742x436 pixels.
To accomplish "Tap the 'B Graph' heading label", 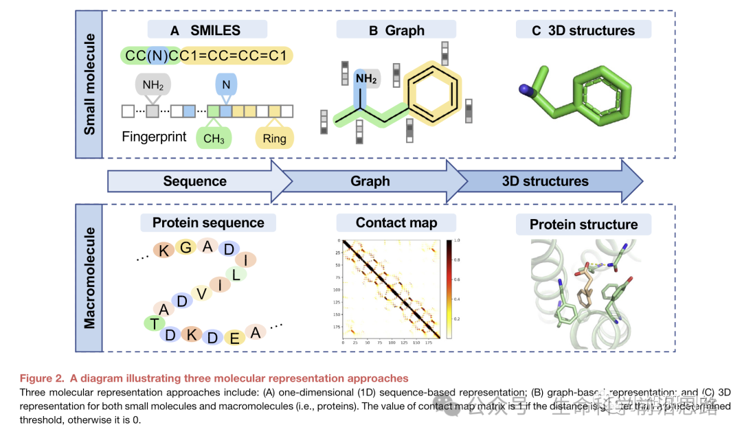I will click(x=396, y=30).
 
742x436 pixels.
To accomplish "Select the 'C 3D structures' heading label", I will click(x=583, y=30).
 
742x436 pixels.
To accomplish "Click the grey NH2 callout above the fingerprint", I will click(x=153, y=86).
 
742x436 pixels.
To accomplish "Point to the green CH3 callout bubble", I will click(x=214, y=139).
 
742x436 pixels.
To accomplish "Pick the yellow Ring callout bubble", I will click(x=274, y=139).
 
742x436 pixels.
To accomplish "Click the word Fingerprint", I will click(x=155, y=136).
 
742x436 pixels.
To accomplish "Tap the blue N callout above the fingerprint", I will click(x=227, y=85).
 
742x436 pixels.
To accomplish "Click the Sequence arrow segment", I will click(x=195, y=182).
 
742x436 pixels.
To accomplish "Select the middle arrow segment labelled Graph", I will click(x=370, y=182).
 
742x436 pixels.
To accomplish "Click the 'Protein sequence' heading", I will click(x=208, y=222).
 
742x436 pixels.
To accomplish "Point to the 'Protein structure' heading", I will click(x=583, y=225).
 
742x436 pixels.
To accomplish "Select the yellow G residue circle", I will click(x=185, y=248).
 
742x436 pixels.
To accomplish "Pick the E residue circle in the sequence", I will click(x=234, y=337).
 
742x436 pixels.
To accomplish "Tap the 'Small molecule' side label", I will click(x=89, y=84).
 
